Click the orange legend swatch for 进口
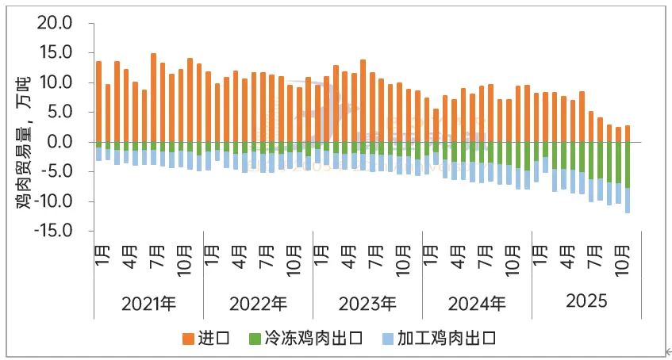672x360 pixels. [188, 339]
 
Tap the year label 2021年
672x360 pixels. [149, 303]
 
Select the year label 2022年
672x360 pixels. [259, 303]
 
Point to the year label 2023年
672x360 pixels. [367, 303]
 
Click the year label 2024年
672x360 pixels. [477, 303]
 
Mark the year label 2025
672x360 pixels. [586, 302]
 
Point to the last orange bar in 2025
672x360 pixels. [628, 133]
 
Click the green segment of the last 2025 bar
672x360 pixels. [628, 165]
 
